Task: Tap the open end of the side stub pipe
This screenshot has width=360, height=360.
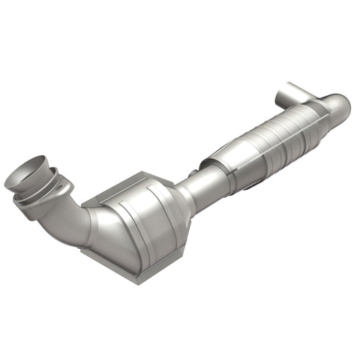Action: [282, 97]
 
